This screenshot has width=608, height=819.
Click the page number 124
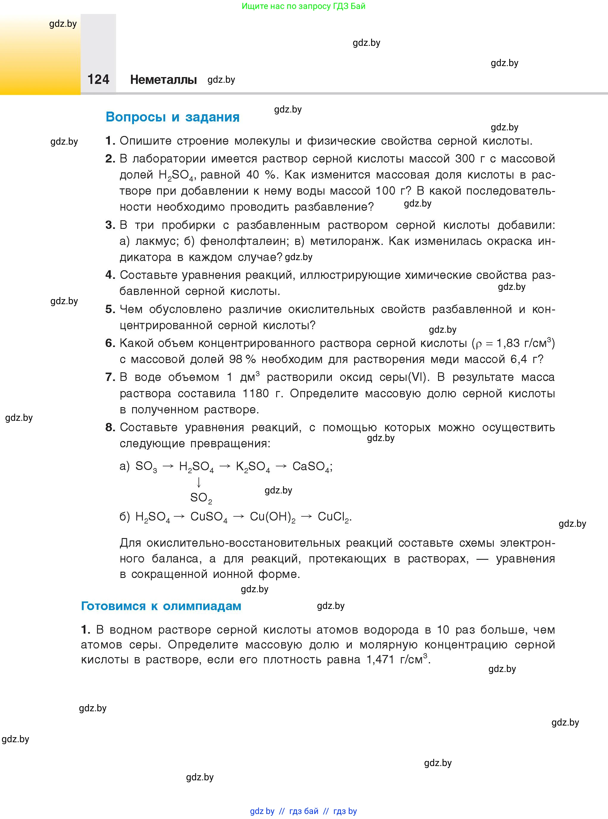(98, 79)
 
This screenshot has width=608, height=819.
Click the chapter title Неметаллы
(163, 79)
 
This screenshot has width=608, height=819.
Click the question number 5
(110, 309)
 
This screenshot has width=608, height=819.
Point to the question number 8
(110, 427)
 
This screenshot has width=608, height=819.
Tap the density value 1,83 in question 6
(508, 343)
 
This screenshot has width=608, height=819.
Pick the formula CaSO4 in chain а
(311, 467)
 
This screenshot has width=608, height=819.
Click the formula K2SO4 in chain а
(252, 467)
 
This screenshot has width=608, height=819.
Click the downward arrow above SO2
(199, 482)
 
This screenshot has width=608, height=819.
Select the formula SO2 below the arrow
(201, 498)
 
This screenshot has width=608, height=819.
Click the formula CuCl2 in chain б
(333, 517)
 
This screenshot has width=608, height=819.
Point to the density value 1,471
(380, 659)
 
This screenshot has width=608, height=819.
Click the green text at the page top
(304, 6)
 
